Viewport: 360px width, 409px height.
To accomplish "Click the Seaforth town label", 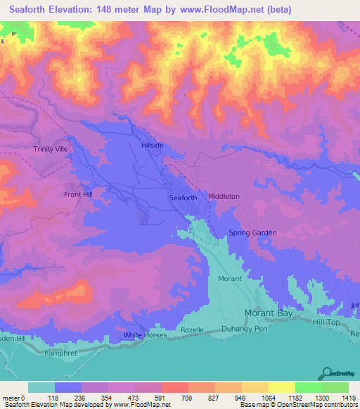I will (183, 198).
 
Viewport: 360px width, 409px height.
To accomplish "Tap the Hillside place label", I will (153, 145).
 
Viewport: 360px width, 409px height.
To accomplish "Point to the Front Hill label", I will (78, 195).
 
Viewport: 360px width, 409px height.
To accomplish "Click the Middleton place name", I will (224, 197).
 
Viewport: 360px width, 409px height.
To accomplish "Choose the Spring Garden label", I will (252, 233).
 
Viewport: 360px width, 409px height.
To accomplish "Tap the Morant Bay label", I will (267, 313).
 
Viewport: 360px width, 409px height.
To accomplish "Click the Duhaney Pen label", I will (244, 329).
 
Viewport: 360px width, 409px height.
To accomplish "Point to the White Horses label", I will (143, 335).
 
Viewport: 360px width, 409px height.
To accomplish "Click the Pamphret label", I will (59, 353).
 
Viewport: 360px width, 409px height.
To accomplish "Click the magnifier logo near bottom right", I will (326, 373).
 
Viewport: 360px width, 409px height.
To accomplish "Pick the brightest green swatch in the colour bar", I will (308, 387).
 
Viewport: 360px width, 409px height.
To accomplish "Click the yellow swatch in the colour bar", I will (281, 387).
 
